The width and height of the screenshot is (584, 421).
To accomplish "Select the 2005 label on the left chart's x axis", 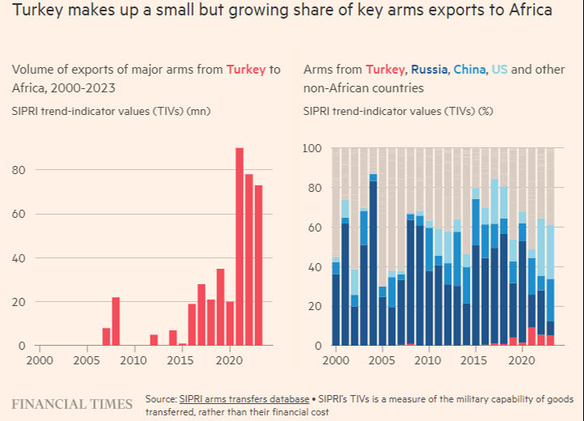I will (x=87, y=359).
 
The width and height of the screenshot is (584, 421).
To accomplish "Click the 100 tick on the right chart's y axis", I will (x=313, y=148).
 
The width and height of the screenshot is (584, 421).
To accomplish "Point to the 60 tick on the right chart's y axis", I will (x=315, y=228).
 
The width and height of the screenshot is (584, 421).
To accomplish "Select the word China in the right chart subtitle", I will (x=470, y=70).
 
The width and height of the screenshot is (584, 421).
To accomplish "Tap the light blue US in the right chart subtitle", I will (x=499, y=70).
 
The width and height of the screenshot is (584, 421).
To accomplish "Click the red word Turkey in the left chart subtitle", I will (x=246, y=70).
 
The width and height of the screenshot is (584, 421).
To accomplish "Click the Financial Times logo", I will (x=72, y=403).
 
